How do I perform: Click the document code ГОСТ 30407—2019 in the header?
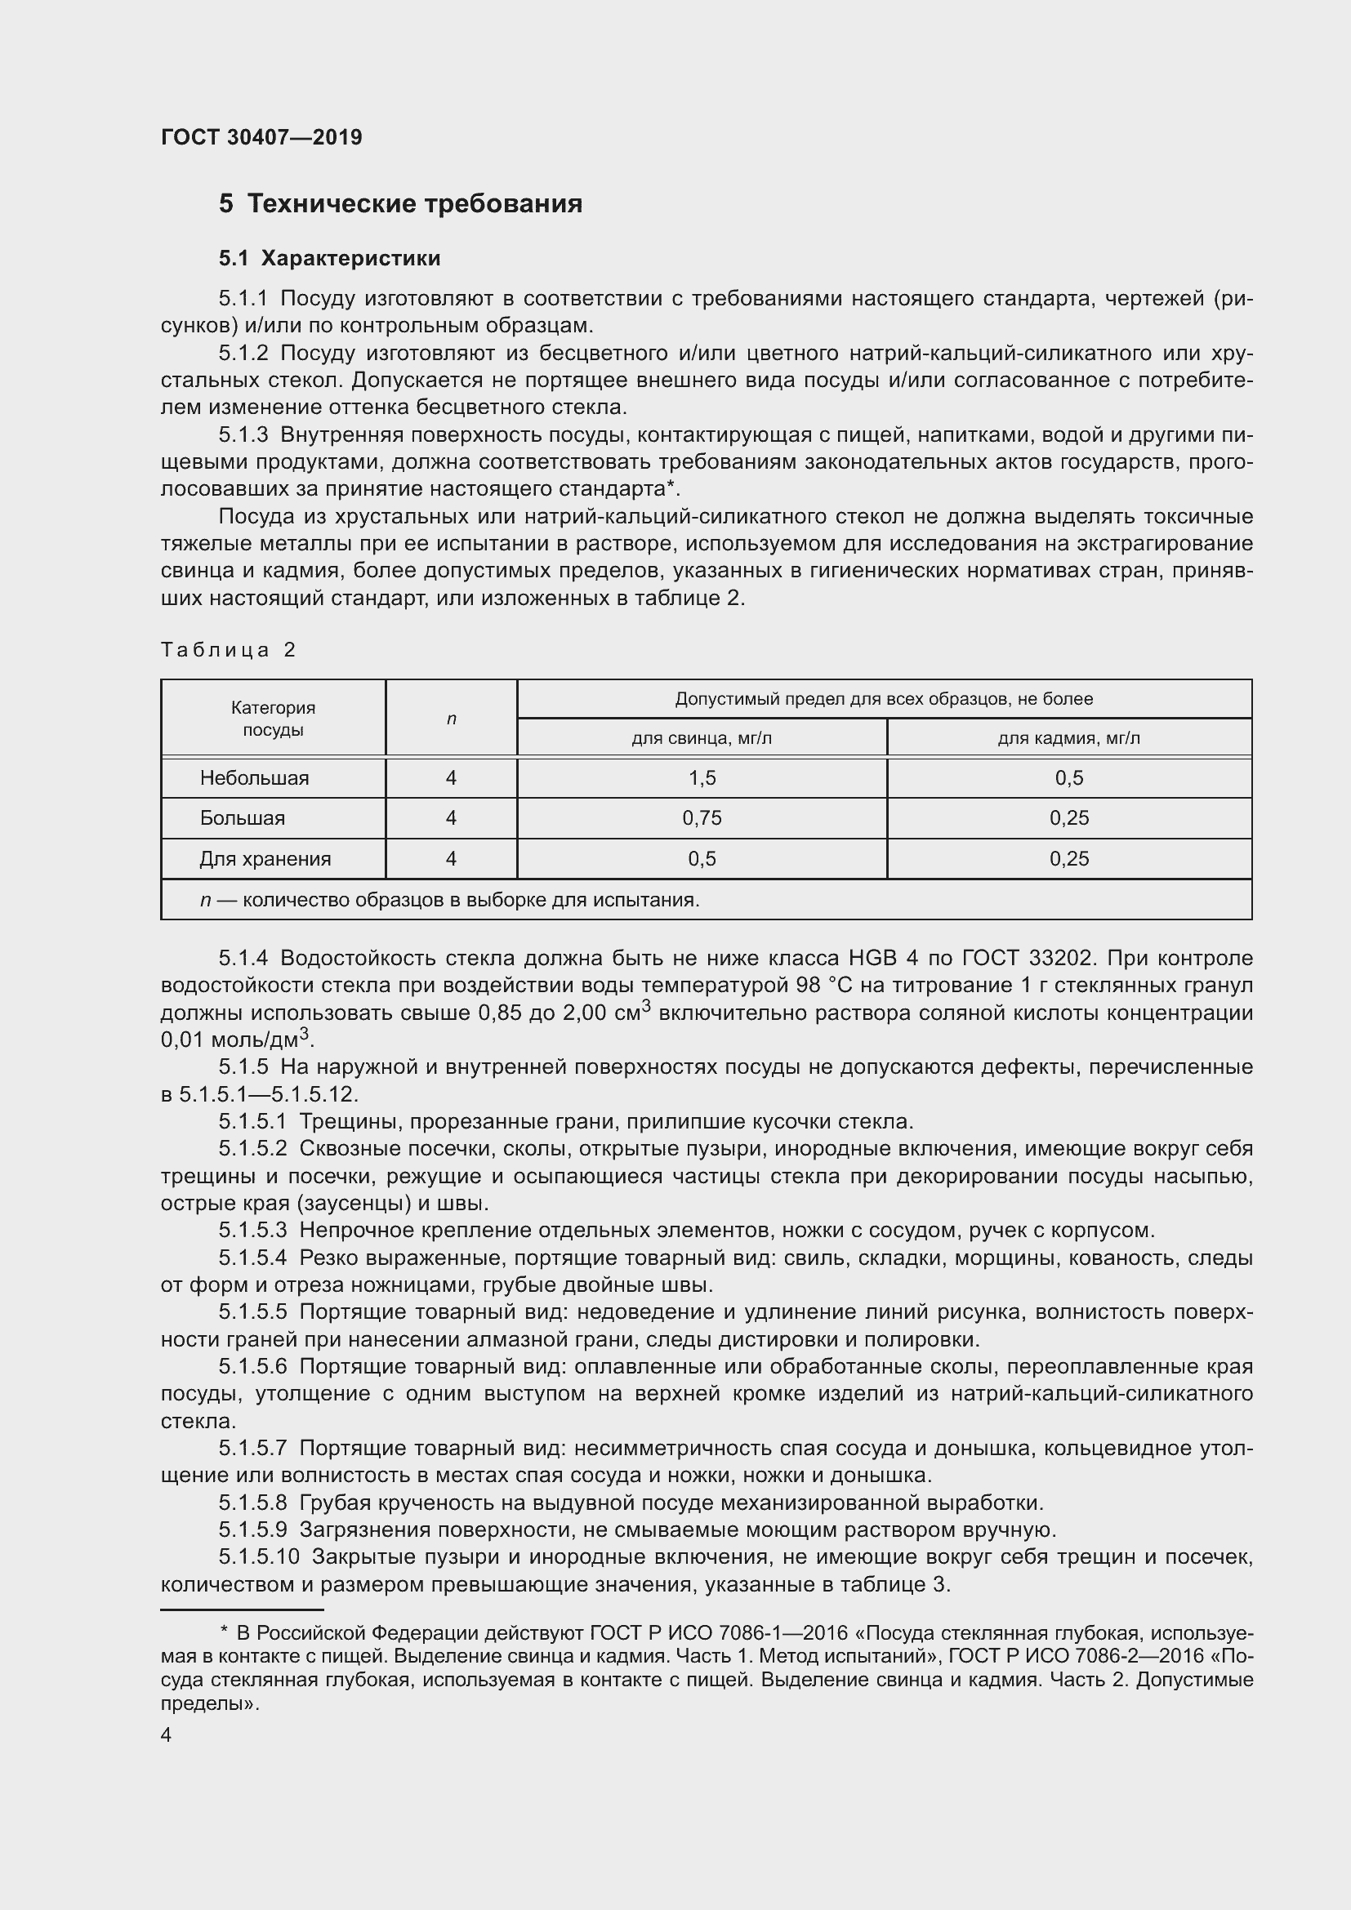point(261,137)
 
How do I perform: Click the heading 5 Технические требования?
point(400,204)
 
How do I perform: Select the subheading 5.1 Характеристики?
point(329,258)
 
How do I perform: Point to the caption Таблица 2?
point(228,650)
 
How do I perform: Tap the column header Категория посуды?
point(273,718)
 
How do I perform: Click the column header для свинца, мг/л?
point(702,738)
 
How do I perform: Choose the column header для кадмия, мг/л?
point(1069,738)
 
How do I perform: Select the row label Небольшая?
point(254,778)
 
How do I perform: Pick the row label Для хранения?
point(265,858)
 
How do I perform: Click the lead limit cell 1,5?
point(702,778)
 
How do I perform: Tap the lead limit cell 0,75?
point(702,817)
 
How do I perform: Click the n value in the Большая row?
point(451,817)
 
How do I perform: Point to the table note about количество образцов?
point(449,899)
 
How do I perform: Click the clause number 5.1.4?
point(243,959)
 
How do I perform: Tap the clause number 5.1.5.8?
point(253,1503)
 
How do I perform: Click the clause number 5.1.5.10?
point(258,1556)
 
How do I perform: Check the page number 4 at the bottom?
point(167,1735)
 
